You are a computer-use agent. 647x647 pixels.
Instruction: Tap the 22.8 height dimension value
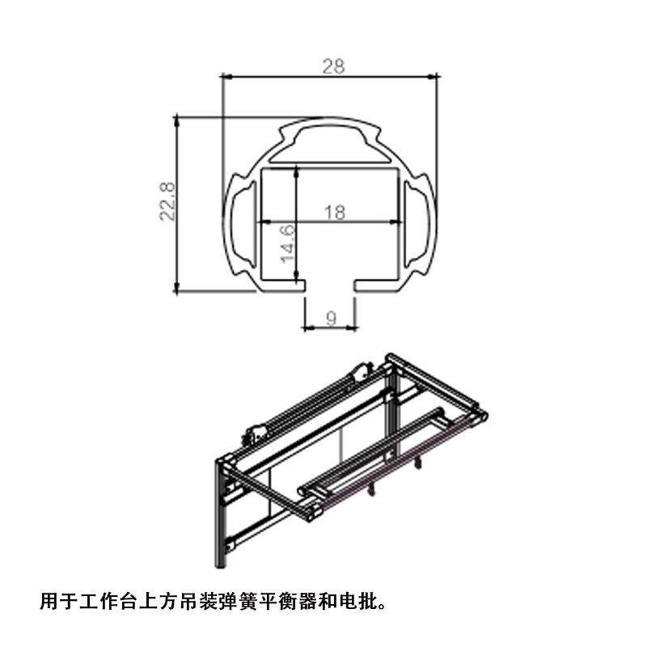click(x=167, y=201)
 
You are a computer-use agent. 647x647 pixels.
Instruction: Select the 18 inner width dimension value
click(x=334, y=213)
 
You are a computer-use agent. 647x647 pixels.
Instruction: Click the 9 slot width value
click(x=331, y=318)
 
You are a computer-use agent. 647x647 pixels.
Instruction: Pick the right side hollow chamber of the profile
click(x=418, y=223)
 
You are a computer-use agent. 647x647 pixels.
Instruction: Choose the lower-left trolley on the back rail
click(x=256, y=435)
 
